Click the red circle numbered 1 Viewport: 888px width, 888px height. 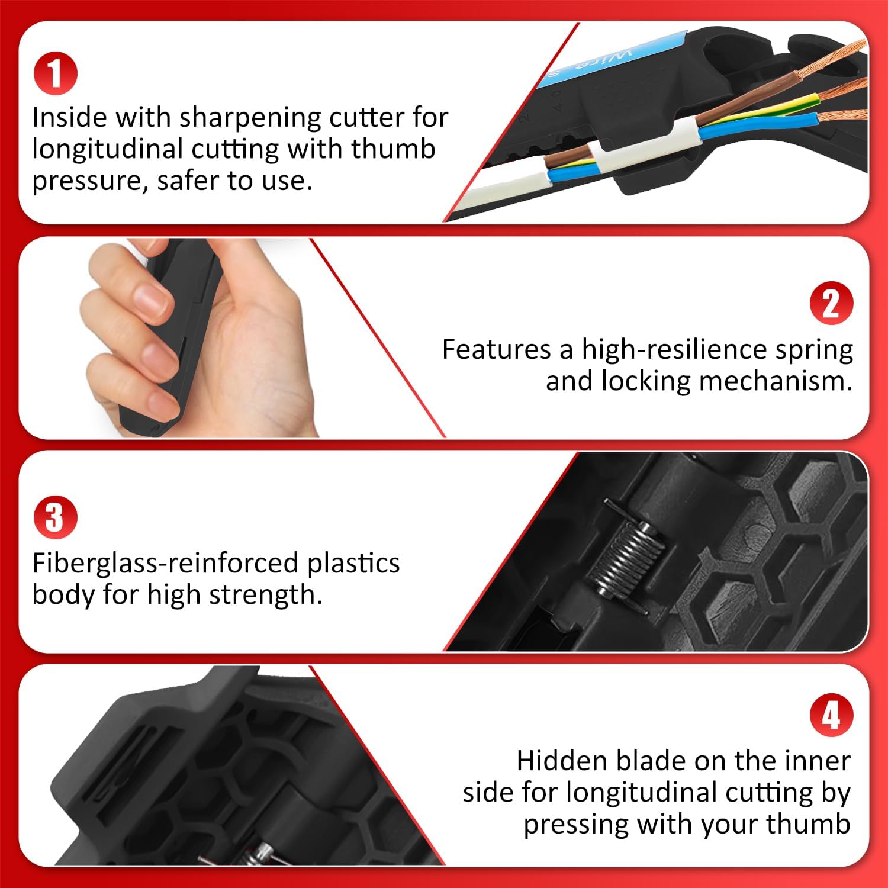pyautogui.click(x=55, y=73)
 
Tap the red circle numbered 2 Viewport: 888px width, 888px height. pyautogui.click(x=832, y=303)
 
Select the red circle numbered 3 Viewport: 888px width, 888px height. pyautogui.click(x=55, y=517)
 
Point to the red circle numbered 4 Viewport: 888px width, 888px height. pyautogui.click(x=832, y=715)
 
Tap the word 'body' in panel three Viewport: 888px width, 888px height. pyautogui.click(x=63, y=594)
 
